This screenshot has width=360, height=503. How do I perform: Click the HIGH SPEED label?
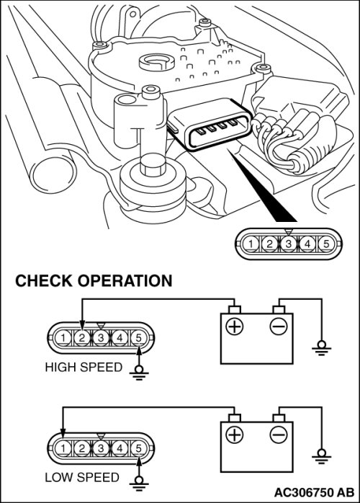coord(84,367)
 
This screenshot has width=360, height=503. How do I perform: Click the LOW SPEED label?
coord(82,477)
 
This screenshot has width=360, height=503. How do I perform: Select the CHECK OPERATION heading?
coord(94,281)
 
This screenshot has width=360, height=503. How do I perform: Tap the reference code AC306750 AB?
coord(315,492)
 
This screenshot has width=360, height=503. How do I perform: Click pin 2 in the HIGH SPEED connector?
coord(82,338)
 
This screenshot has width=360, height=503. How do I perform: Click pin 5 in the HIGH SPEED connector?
coord(138,338)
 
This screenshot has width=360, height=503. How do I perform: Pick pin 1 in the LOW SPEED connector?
coord(63,448)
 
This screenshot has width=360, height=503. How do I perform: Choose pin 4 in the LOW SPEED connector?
coord(120,448)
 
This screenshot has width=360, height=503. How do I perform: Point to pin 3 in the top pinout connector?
coord(289,244)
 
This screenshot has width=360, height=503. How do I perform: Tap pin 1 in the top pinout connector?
coord(251,244)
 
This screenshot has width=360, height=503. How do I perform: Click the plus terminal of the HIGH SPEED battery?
coord(234,326)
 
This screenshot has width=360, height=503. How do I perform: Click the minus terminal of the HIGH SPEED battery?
coord(279,326)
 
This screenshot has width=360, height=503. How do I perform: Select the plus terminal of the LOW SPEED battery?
coord(234,435)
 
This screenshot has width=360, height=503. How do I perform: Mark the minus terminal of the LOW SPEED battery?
coord(279,435)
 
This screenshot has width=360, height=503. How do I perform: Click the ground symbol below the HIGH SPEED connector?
coord(138,373)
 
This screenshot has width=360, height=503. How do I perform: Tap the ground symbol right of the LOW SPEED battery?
coord(321,457)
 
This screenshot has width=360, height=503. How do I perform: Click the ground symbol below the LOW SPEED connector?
coord(138,484)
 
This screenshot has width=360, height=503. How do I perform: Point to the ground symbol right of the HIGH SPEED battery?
coord(321,348)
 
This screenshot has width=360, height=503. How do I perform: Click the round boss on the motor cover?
coord(157,62)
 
